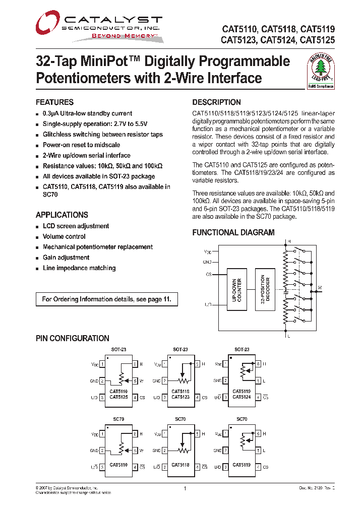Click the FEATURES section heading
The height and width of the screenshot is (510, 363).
(x=54, y=102)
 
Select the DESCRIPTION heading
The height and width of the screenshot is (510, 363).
(x=216, y=102)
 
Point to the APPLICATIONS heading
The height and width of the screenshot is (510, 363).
(x=62, y=215)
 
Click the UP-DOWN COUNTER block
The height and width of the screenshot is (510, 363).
(x=236, y=290)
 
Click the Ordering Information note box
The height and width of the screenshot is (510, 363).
(x=106, y=299)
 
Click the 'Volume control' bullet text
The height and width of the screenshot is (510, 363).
(x=64, y=236)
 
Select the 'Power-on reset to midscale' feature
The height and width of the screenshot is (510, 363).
(x=81, y=145)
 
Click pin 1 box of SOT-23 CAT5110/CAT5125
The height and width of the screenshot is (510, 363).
(x=102, y=364)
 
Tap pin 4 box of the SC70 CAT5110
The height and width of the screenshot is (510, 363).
(x=135, y=467)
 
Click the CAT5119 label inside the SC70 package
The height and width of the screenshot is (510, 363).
(x=241, y=465)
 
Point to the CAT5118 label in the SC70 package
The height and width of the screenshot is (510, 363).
(x=180, y=465)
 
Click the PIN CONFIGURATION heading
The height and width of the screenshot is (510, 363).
(x=72, y=339)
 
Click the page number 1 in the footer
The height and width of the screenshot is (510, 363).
(x=185, y=488)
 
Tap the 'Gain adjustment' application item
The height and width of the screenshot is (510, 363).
(x=66, y=258)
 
